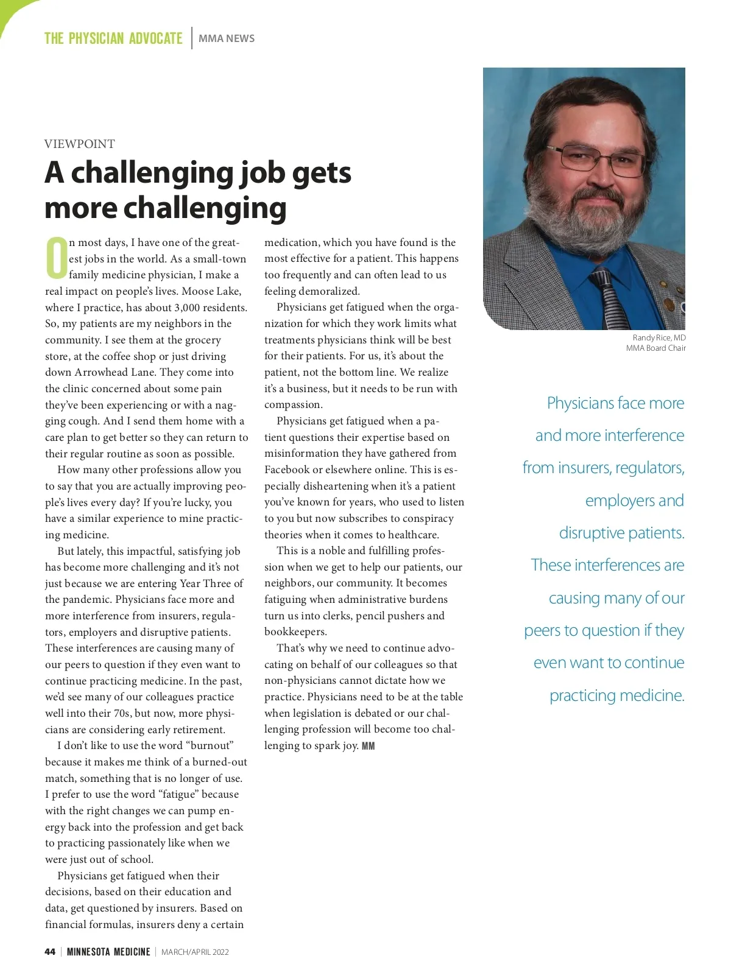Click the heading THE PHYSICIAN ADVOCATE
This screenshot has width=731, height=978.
(x=113, y=38)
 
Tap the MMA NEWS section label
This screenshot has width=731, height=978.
(x=227, y=38)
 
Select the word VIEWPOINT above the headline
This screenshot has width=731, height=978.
(x=79, y=144)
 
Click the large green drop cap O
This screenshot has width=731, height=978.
(x=56, y=258)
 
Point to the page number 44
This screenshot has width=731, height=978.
(x=50, y=952)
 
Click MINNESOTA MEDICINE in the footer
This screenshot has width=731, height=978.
(x=108, y=952)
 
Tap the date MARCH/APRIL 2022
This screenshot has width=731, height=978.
(x=195, y=952)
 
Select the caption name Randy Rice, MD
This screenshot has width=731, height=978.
(x=659, y=337)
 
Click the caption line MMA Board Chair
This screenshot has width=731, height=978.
(x=656, y=348)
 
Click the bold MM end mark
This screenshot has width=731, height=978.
(x=369, y=746)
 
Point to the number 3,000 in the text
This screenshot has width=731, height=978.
(x=192, y=308)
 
